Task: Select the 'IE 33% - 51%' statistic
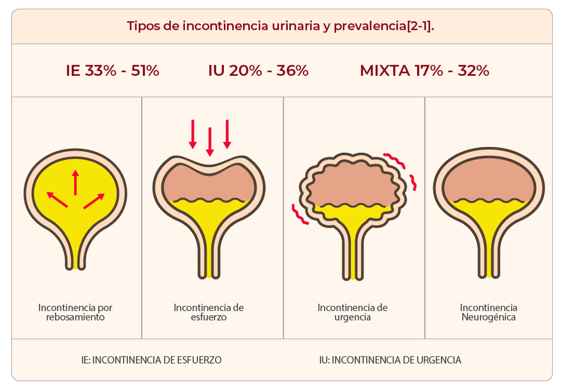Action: pyautogui.click(x=113, y=70)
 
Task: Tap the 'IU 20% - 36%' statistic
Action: pyautogui.click(x=258, y=70)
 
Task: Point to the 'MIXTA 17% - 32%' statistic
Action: pyautogui.click(x=424, y=70)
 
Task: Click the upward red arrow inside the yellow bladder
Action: pyautogui.click(x=75, y=182)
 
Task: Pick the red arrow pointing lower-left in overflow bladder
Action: pyautogui.click(x=57, y=199)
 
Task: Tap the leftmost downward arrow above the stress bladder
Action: pyautogui.click(x=192, y=134)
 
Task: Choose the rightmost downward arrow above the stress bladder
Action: pyautogui.click(x=226, y=134)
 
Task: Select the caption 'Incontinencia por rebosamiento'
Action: pyautogui.click(x=75, y=312)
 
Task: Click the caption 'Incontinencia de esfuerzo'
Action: pyautogui.click(x=209, y=312)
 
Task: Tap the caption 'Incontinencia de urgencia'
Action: pyautogui.click(x=352, y=312)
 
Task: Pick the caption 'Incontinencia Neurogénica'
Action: pyautogui.click(x=489, y=312)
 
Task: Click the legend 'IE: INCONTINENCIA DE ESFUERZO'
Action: pyautogui.click(x=152, y=360)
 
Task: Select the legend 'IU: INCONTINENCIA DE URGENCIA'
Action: pyautogui.click(x=390, y=360)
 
